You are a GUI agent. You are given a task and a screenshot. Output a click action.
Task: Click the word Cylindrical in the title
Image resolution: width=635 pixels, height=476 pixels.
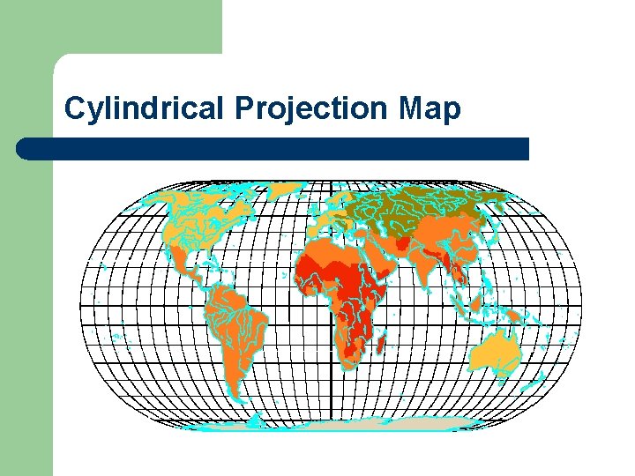tap(146, 108)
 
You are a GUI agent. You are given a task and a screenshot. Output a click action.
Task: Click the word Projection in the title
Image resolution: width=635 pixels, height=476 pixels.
tap(312, 108)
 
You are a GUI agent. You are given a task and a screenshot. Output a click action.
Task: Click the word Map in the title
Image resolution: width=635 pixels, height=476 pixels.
tap(430, 108)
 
